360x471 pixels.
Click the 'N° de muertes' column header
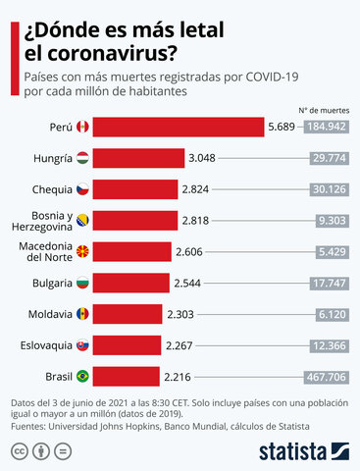coord(325,110)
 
